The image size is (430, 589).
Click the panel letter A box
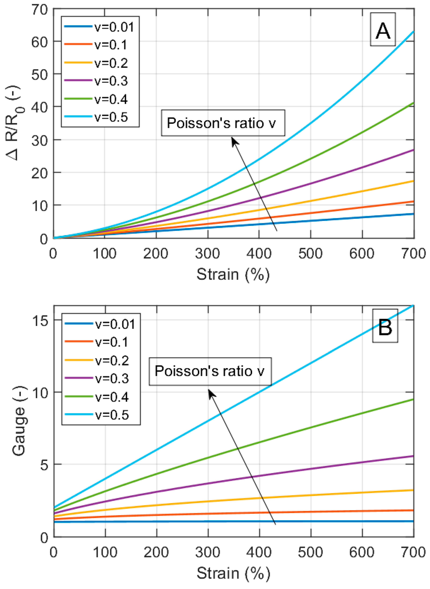[383, 29]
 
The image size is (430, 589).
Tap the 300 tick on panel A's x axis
[207, 253]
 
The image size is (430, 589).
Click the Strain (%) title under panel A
[233, 274]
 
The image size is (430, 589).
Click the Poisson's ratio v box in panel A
[223, 123]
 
